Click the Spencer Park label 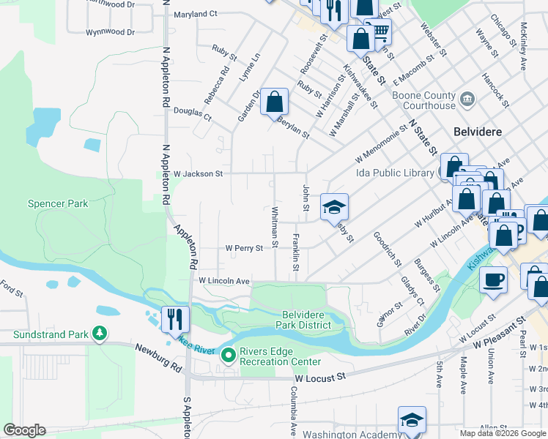point(57,203)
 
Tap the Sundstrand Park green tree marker point(99,334)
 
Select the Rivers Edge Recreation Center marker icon point(228,356)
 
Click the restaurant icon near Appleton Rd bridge point(175,319)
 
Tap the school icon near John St point(334,207)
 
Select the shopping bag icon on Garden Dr point(274,102)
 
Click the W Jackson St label point(198,173)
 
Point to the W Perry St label point(244,249)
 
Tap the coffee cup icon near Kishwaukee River point(493,279)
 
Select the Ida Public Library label point(395,173)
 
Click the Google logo point(24,430)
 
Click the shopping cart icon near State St point(379,31)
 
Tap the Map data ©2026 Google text point(503,433)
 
